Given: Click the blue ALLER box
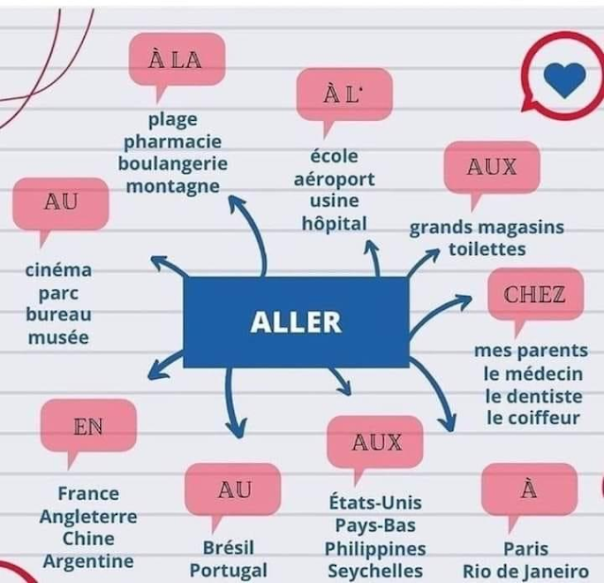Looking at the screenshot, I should click(296, 322).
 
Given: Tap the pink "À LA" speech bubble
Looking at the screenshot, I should click(176, 60).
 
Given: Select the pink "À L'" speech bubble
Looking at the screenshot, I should click(344, 94).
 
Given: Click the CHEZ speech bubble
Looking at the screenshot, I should click(534, 294).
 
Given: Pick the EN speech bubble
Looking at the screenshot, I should click(89, 426).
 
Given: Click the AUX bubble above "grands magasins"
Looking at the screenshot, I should click(492, 167).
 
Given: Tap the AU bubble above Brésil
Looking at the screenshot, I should click(233, 489).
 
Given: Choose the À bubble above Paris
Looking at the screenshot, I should click(528, 489).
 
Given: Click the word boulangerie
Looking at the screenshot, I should click(173, 163).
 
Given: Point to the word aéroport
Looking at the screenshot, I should click(334, 179).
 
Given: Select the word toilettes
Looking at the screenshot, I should click(487, 249).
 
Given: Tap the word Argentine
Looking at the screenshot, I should click(88, 561).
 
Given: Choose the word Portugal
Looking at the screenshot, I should click(228, 571).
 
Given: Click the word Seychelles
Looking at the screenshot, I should click(375, 571).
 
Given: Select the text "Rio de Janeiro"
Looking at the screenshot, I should click(526, 571).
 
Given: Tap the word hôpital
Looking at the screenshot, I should click(333, 223).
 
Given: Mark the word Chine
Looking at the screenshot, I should click(88, 539).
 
